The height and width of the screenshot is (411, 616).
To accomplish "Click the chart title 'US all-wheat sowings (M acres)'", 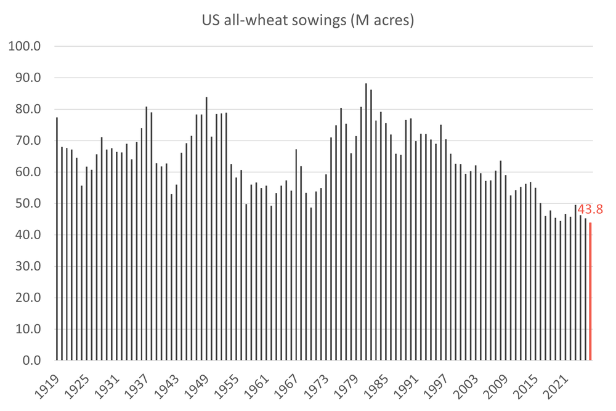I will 308,21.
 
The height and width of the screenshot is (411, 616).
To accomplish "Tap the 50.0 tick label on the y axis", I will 29,204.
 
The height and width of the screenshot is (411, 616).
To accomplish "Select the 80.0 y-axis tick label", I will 29,110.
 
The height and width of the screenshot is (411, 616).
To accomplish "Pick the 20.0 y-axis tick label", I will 29,298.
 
